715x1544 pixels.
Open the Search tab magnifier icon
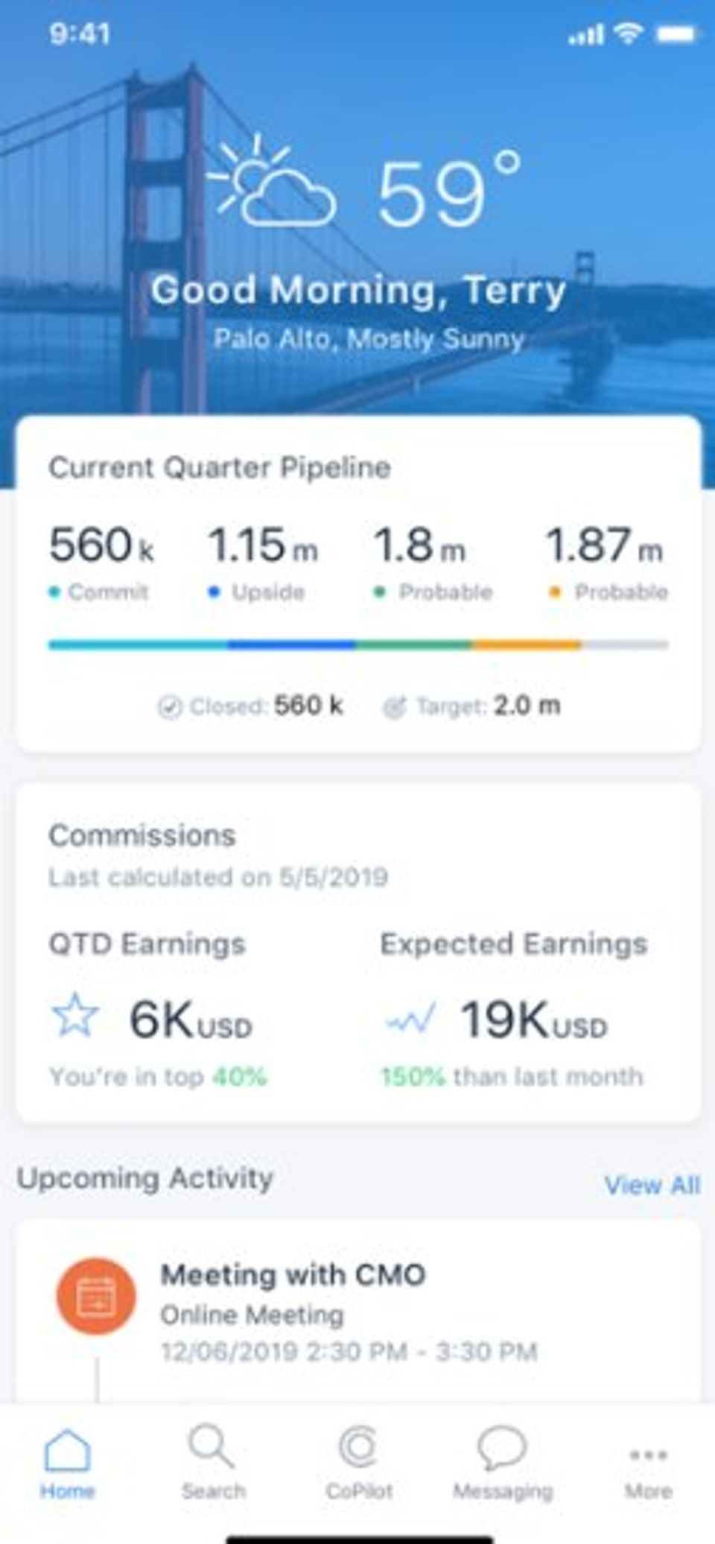coord(212,1446)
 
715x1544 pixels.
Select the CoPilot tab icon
coord(359,1446)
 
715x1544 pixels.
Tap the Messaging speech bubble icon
coord(502,1448)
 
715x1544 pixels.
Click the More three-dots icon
coord(648,1455)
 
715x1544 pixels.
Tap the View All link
coord(652,1185)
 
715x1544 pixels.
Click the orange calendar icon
coord(96,1296)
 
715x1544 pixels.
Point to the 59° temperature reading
coord(448,192)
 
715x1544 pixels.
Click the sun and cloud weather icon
coord(273,183)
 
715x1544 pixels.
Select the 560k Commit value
coord(101,545)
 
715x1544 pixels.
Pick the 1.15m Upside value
coord(262,545)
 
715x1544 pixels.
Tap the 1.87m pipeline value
coord(603,545)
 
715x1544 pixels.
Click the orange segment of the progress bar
coord(526,645)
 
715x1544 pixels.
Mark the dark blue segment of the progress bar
coord(291,645)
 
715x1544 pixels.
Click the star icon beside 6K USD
coord(74,1015)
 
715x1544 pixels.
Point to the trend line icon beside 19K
coord(410,1018)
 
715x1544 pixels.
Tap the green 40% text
coord(240,1077)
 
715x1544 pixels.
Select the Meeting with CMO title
coord(293,1275)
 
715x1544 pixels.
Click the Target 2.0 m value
coord(527,705)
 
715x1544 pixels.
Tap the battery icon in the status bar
coord(676,34)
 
